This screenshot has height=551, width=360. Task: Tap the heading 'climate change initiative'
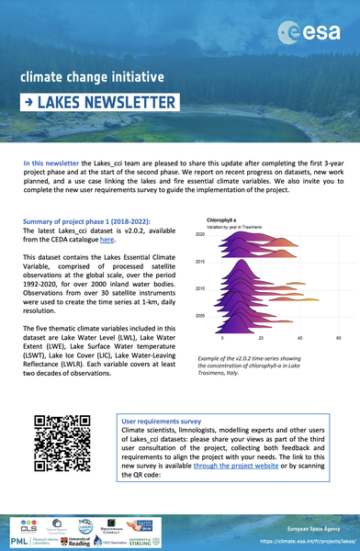point(93,76)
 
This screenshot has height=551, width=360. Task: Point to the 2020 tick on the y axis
point(199,235)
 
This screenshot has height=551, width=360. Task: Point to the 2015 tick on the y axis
point(199,262)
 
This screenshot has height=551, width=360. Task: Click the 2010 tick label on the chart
point(199,288)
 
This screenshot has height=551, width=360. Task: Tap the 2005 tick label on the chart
point(199,315)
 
